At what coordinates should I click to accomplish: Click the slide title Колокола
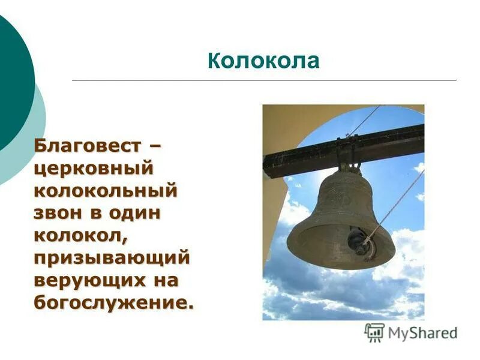tap(263, 61)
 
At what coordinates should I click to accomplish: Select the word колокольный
tap(106, 191)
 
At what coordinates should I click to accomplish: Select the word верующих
tap(90, 280)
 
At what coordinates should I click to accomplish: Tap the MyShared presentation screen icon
tap(374, 332)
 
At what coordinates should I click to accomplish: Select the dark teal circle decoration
tap(12, 78)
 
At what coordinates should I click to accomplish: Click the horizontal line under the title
tap(264, 80)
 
